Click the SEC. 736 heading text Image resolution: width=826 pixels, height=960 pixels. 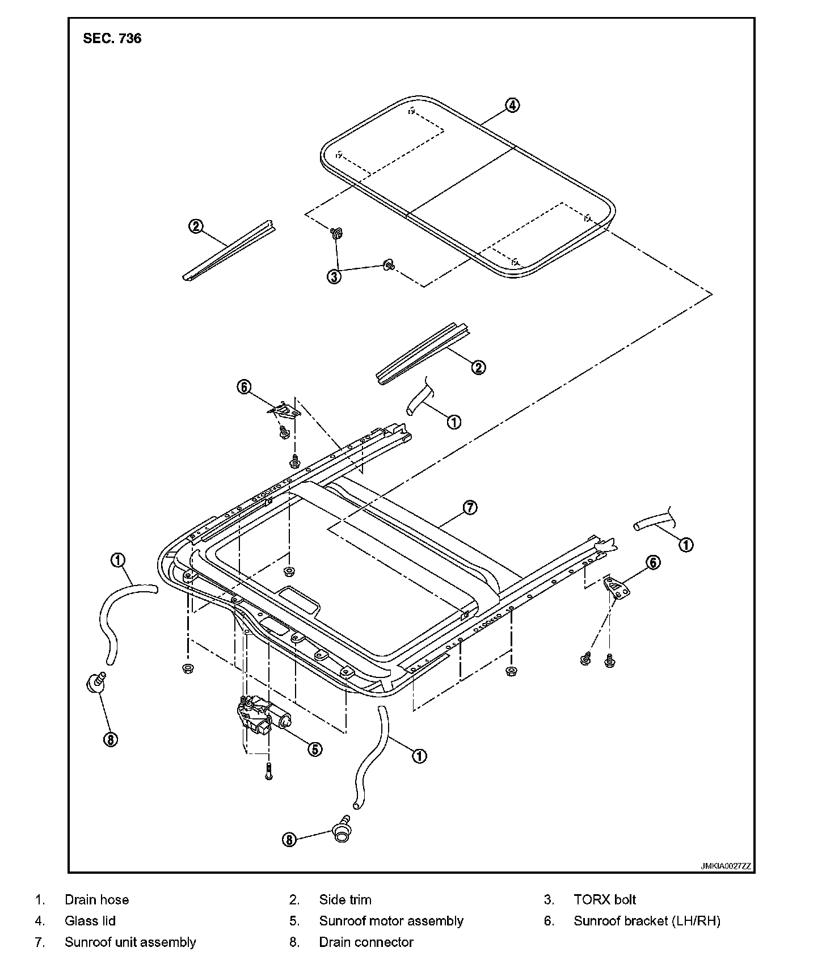point(112,39)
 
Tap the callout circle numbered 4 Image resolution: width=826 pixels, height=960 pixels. point(512,105)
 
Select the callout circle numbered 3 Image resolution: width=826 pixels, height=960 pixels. point(334,277)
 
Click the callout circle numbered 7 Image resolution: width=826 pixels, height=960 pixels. point(470,508)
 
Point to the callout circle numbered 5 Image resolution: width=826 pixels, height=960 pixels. point(315,749)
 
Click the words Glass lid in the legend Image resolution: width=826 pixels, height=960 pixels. point(90,921)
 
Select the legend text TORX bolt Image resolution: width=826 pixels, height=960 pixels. point(605,900)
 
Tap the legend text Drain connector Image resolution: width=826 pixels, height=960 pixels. point(366,942)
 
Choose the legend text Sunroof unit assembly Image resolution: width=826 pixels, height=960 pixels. point(130,942)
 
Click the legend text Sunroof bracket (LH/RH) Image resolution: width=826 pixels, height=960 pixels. point(647,921)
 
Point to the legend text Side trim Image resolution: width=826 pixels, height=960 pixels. point(345,900)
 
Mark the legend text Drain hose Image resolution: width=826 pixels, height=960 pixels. point(96,900)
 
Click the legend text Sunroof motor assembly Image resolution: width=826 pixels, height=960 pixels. point(391,921)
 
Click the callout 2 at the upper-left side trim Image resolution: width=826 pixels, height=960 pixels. point(195,226)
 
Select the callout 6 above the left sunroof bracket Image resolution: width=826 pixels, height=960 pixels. point(243,388)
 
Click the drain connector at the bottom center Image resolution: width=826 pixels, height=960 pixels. point(342,828)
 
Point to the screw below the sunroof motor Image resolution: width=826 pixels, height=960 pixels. point(269,772)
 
